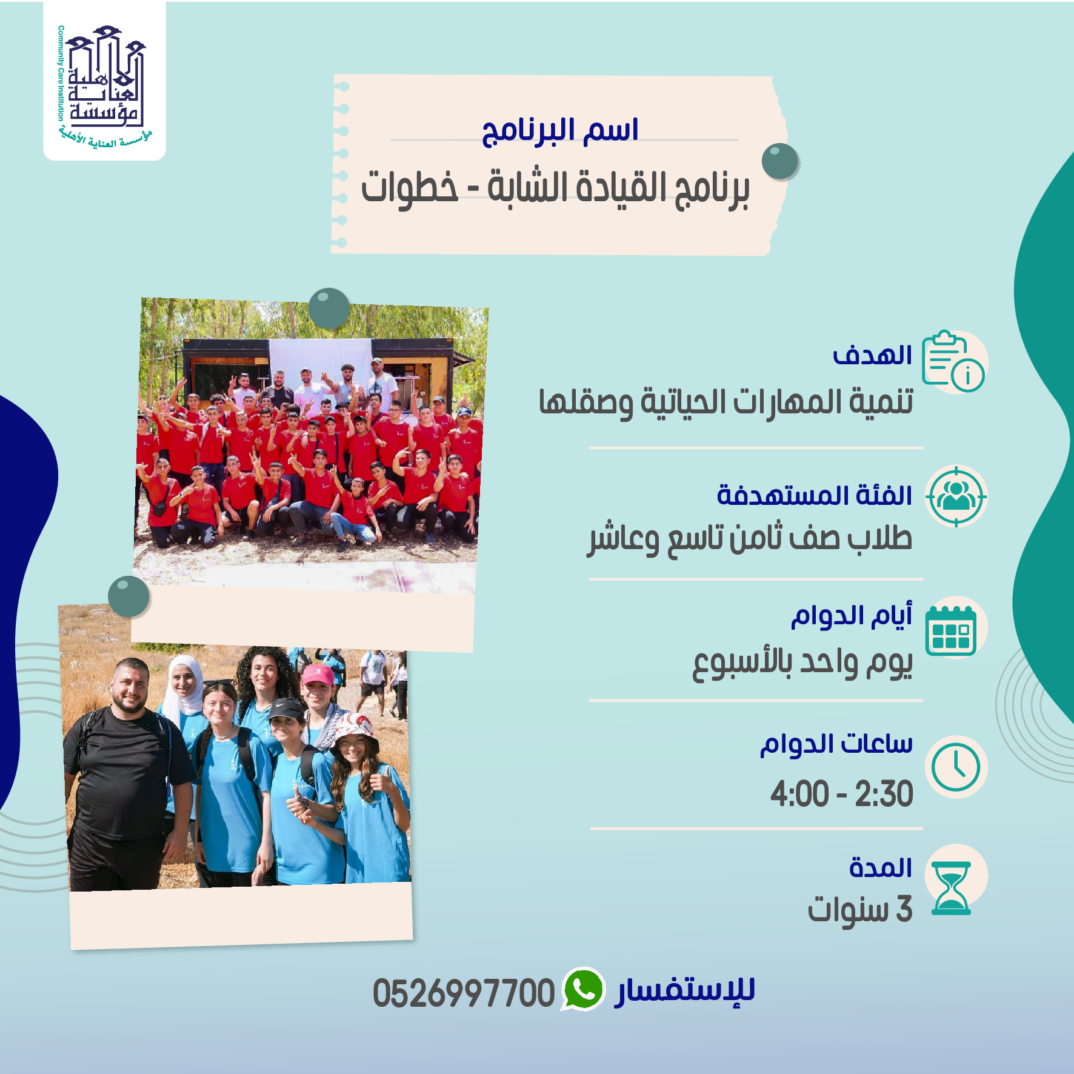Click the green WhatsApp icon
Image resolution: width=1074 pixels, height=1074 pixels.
[x=583, y=989]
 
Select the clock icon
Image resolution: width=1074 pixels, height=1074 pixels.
[x=956, y=767]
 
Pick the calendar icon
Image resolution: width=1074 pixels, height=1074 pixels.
[x=951, y=630]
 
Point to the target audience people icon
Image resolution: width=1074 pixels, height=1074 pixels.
[x=956, y=496]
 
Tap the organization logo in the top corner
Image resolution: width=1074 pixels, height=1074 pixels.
[x=104, y=82]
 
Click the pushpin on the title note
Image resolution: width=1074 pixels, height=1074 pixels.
[x=780, y=161]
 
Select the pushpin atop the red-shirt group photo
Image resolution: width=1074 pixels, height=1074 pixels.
[x=329, y=309]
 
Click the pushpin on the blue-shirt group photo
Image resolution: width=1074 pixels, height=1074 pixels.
[x=128, y=596]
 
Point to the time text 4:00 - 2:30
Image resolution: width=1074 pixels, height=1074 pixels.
[x=841, y=794]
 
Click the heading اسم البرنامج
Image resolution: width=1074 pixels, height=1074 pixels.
[x=560, y=130]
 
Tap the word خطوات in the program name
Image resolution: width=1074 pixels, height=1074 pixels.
[x=410, y=187]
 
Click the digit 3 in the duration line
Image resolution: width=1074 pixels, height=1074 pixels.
[x=904, y=909]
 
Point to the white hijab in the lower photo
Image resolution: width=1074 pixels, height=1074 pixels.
[x=184, y=685]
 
